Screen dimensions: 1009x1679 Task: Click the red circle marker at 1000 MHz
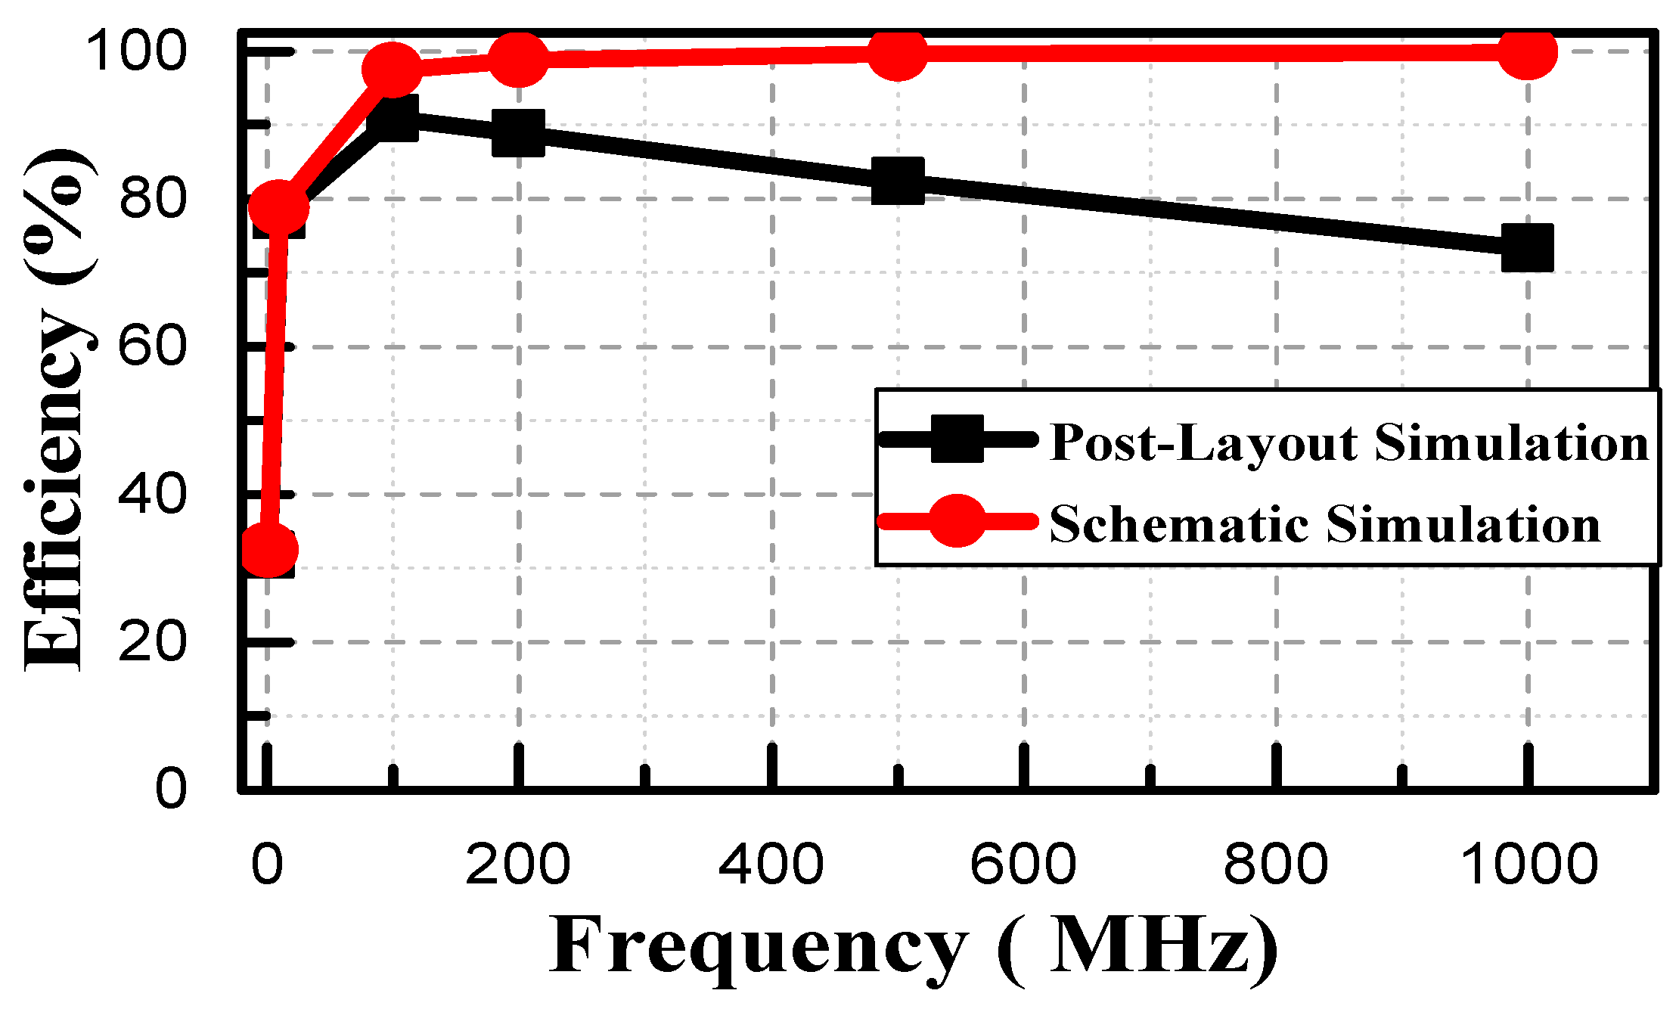1528,52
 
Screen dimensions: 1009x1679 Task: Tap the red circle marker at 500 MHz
898,53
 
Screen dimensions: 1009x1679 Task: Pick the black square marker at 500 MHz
898,181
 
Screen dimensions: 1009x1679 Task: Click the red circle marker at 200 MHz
519,59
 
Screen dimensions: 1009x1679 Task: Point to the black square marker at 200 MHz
519,132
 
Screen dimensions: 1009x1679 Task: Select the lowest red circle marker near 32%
269,550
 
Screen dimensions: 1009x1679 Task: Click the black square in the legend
957,439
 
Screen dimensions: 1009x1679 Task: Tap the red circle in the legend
957,520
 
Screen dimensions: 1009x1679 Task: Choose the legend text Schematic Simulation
1325,523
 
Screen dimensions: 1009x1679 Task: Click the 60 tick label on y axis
151,346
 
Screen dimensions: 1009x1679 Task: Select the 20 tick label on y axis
151,642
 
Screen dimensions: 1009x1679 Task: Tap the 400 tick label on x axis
771,865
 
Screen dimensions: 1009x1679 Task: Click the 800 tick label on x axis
1276,865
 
